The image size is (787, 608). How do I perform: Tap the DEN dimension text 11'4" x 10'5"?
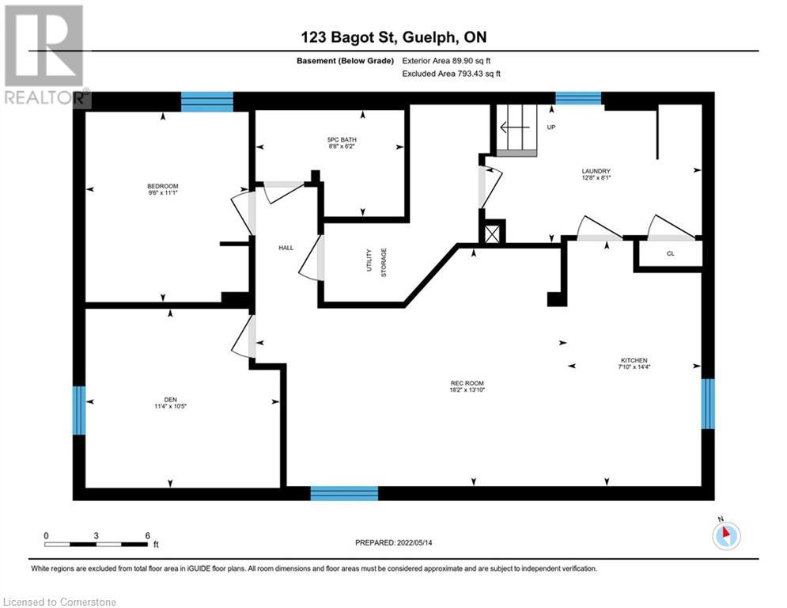pyautogui.click(x=170, y=406)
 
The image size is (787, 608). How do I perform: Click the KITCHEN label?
pyautogui.click(x=634, y=361)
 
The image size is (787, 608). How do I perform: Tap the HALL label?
pyautogui.click(x=286, y=248)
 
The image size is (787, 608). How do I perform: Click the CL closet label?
pyautogui.click(x=670, y=253)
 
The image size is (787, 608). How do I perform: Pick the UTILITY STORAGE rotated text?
pyautogui.click(x=376, y=261)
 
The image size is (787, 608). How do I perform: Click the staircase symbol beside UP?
pyautogui.click(x=517, y=131)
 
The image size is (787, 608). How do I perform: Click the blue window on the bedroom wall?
pyautogui.click(x=207, y=101)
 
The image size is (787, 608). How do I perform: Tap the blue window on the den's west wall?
pyautogui.click(x=79, y=410)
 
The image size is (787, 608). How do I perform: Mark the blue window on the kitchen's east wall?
pyautogui.click(x=708, y=403)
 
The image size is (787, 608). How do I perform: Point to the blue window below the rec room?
pyautogui.click(x=344, y=493)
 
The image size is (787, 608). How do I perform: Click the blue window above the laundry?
pyautogui.click(x=578, y=98)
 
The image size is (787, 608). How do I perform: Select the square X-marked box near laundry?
pyautogui.click(x=493, y=234)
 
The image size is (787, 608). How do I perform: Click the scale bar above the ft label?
pyautogui.click(x=96, y=544)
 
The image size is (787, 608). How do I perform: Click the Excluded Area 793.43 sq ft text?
pyautogui.click(x=452, y=73)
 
